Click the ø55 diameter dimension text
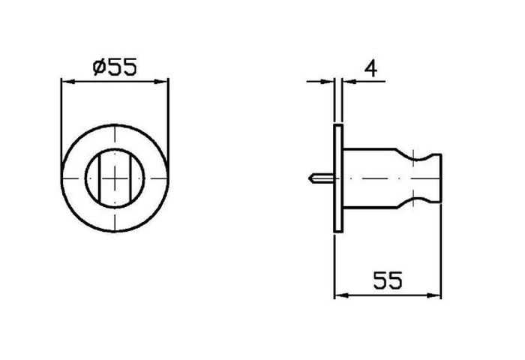115,67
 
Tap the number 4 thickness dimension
370,69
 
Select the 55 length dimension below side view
388,280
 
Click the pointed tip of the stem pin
309,178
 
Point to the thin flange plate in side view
338,178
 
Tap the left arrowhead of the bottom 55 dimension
341,295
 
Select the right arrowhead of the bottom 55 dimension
434,295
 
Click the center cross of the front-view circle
115,178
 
